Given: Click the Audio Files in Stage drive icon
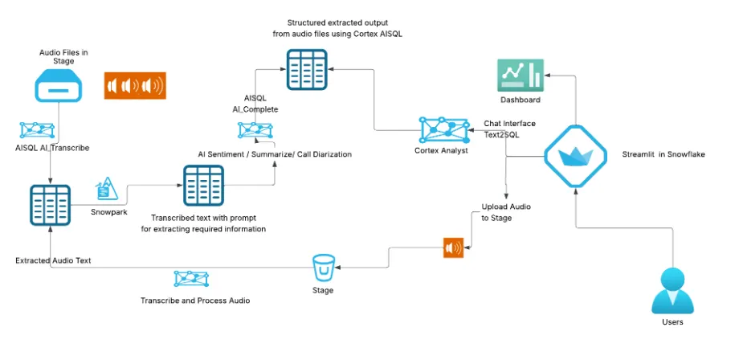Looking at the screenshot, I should click(58, 84).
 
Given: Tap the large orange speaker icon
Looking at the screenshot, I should click(134, 85).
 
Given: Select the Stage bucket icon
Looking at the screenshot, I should click(323, 266).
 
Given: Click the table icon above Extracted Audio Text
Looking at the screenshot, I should click(51, 204).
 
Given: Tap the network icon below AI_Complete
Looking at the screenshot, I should click(254, 131).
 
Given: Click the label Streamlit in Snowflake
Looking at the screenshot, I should click(663, 153).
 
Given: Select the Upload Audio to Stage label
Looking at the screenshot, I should click(500, 212).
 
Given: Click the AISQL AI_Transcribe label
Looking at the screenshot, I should click(52, 148).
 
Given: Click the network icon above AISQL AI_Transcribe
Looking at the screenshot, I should click(38, 129).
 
